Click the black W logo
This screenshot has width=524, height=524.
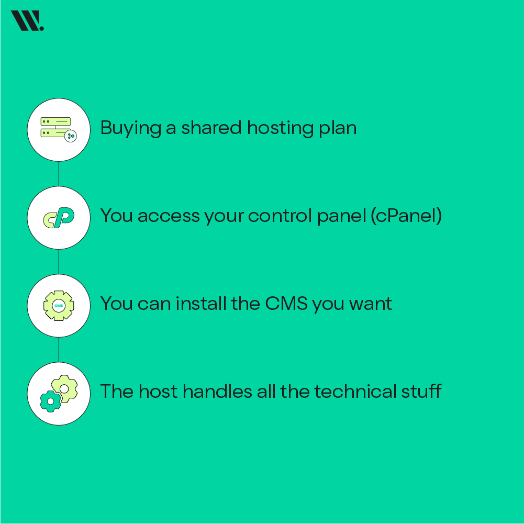click(27, 21)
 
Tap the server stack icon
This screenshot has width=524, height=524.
click(56, 127)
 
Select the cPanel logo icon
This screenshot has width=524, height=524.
click(59, 217)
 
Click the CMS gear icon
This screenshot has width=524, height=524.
click(59, 305)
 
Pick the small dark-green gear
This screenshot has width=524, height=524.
click(51, 401)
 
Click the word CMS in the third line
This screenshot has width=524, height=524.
click(286, 303)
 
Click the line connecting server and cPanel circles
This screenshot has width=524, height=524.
click(59, 173)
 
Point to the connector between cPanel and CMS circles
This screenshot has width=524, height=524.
click(59, 261)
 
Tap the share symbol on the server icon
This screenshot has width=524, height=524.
click(71, 136)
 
